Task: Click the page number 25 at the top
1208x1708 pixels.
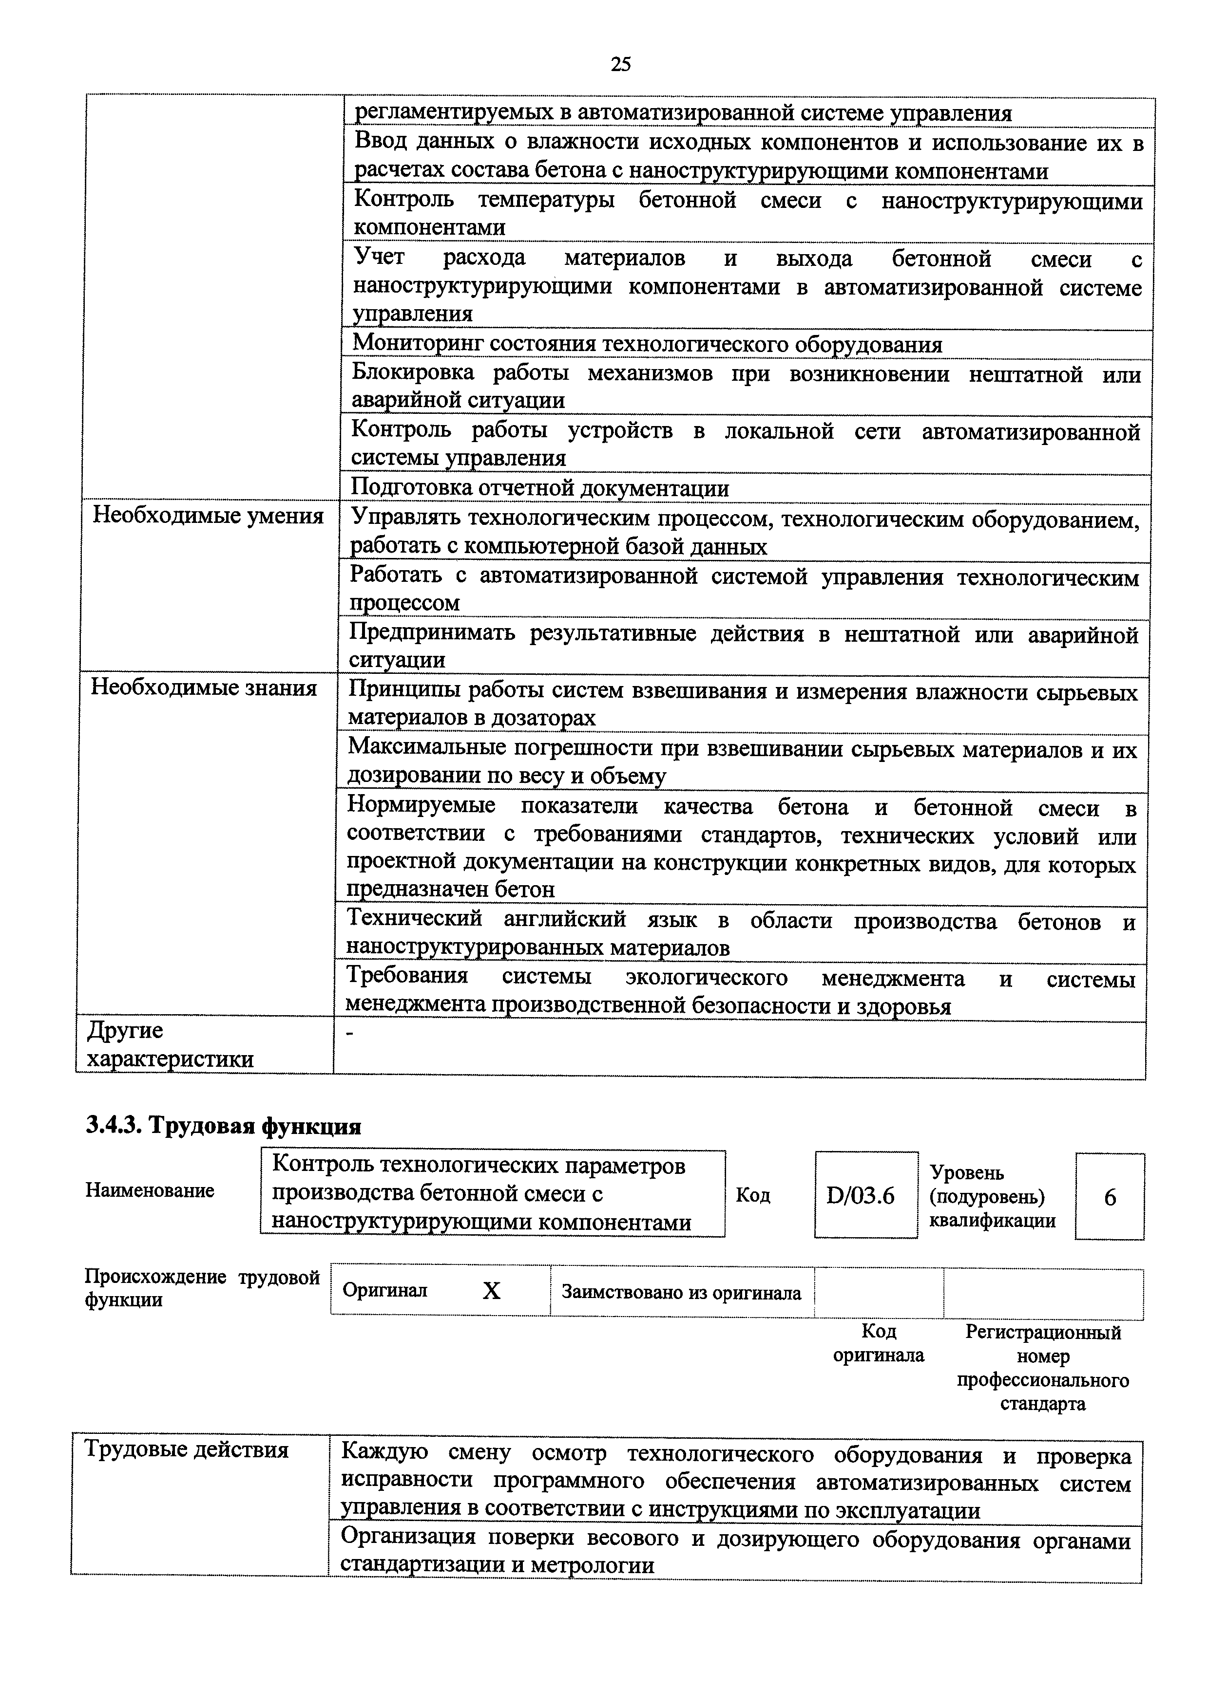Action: pyautogui.click(x=620, y=65)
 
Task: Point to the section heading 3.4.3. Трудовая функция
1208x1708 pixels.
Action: pyautogui.click(x=223, y=1126)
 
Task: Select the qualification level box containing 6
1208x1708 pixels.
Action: pyautogui.click(x=1109, y=1197)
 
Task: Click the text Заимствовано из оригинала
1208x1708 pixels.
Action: pyautogui.click(x=681, y=1292)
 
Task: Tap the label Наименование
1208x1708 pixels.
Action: pyautogui.click(x=150, y=1190)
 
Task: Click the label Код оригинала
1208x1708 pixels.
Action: pyautogui.click(x=878, y=1343)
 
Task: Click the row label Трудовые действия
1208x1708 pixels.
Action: pyautogui.click(x=186, y=1450)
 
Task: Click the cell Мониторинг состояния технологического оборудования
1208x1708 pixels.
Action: pyautogui.click(x=646, y=344)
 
